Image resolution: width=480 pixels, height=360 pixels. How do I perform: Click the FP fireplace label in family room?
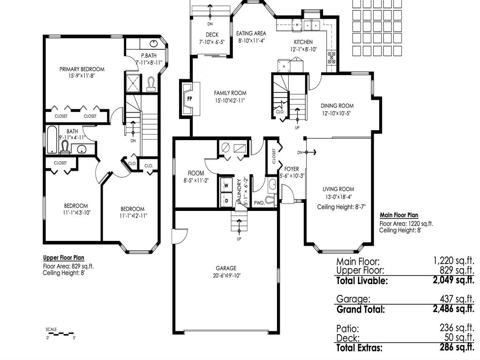click(x=190, y=99)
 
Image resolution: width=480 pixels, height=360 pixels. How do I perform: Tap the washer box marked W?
click(x=226, y=185)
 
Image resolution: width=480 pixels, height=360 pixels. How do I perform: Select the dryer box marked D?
click(x=226, y=200)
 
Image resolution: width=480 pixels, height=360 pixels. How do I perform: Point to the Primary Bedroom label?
click(x=82, y=69)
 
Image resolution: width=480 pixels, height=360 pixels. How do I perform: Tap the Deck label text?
click(x=212, y=35)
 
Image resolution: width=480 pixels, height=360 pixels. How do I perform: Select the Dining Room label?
click(x=337, y=106)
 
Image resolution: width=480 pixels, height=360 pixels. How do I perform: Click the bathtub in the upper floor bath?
click(x=52, y=139)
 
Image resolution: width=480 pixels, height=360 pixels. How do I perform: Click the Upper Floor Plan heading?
click(x=64, y=258)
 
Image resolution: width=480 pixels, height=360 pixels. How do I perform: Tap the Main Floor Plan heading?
click(x=399, y=216)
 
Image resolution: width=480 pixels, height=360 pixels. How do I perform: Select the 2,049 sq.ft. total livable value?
click(x=454, y=281)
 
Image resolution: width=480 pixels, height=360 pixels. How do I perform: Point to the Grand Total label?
click(x=360, y=309)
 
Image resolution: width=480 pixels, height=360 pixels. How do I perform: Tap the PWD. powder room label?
click(x=259, y=203)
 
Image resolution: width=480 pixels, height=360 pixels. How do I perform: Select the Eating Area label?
click(x=251, y=33)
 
